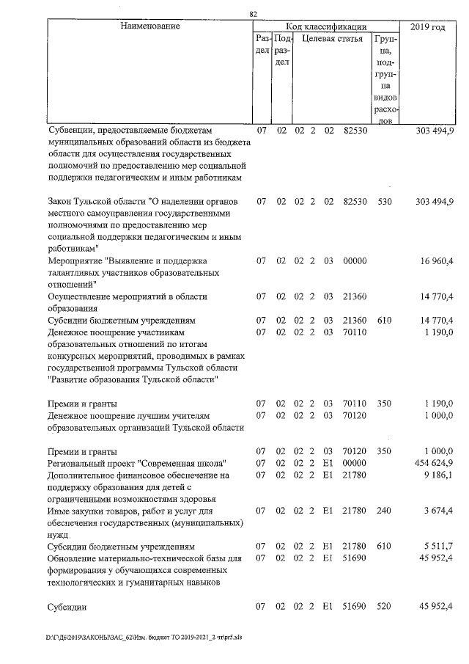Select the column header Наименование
pos(150,27)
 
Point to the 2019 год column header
pos(429,27)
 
